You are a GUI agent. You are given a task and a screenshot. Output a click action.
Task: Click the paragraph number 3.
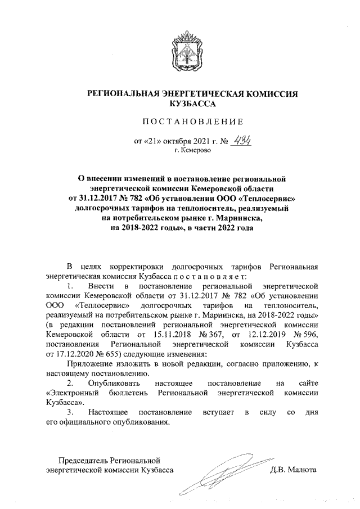pyautogui.click(x=70, y=413)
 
